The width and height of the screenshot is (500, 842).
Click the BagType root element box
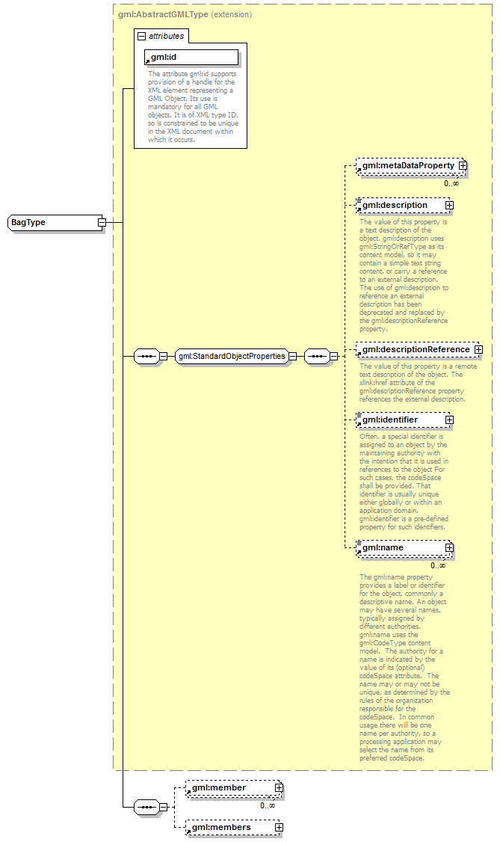click(52, 223)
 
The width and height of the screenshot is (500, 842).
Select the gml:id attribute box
click(191, 57)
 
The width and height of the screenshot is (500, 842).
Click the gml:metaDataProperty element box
click(407, 166)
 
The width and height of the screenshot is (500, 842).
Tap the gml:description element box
click(401, 205)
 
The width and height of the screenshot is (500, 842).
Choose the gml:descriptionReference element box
click(416, 349)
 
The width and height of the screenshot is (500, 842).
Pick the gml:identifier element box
click(401, 420)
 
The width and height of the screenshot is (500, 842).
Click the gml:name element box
click(401, 548)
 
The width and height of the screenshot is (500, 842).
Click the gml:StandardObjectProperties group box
click(232, 357)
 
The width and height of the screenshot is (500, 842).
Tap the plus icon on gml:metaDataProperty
click(463, 166)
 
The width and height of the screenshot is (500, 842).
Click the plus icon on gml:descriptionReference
click(478, 349)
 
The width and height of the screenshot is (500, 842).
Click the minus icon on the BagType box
click(102, 223)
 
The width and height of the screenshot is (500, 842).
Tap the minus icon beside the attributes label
click(141, 36)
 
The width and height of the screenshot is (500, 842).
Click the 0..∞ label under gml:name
click(438, 565)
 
